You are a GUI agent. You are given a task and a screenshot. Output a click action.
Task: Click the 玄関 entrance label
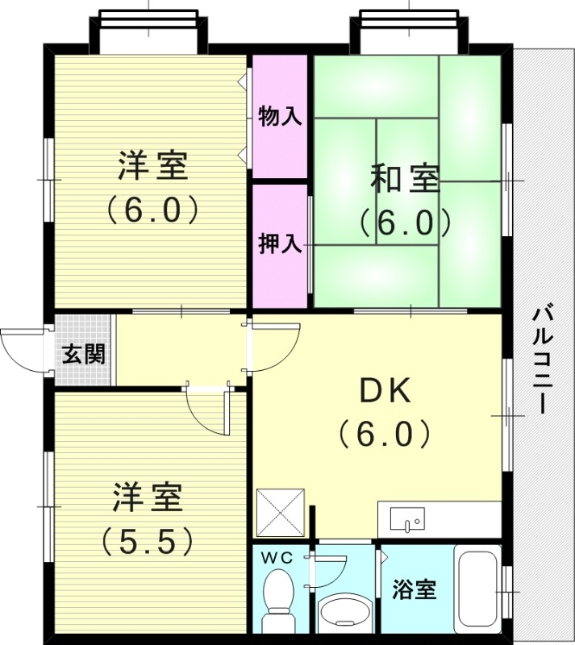(84, 354)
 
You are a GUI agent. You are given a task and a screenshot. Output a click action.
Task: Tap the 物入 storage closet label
(280, 117)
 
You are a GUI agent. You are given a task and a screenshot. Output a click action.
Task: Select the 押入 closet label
(280, 244)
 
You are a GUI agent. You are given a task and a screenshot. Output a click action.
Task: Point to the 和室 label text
(405, 178)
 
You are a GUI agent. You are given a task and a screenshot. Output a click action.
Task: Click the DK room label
(385, 392)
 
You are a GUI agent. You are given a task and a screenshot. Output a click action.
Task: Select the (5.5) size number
(148, 539)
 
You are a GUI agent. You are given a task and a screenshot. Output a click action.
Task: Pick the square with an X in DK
(280, 513)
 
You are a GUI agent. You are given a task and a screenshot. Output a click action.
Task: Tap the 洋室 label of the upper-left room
(152, 168)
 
